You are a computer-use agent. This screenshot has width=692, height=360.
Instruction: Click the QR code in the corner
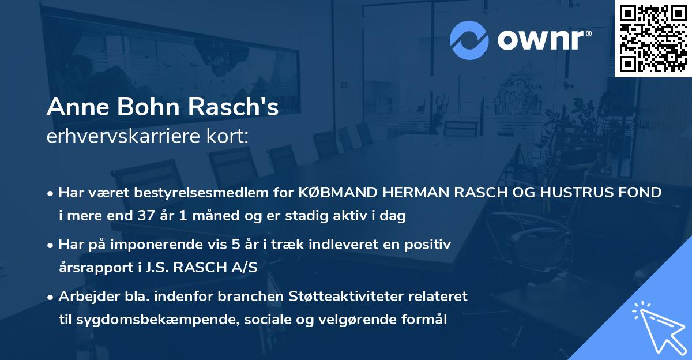[653, 39]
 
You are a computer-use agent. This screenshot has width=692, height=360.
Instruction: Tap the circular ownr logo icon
[469, 40]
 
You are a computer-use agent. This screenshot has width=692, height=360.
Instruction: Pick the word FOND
[644, 193]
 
